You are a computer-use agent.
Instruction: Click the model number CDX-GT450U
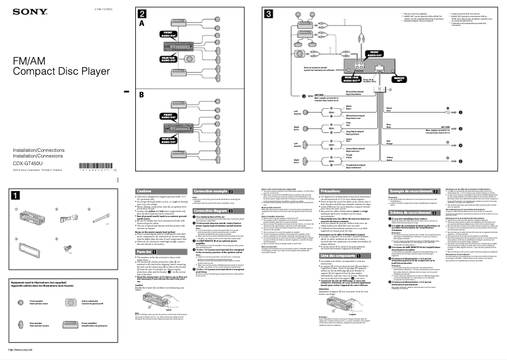pyautogui.click(x=24, y=161)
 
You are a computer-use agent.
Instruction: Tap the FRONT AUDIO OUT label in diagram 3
pyautogui.click(x=374, y=54)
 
